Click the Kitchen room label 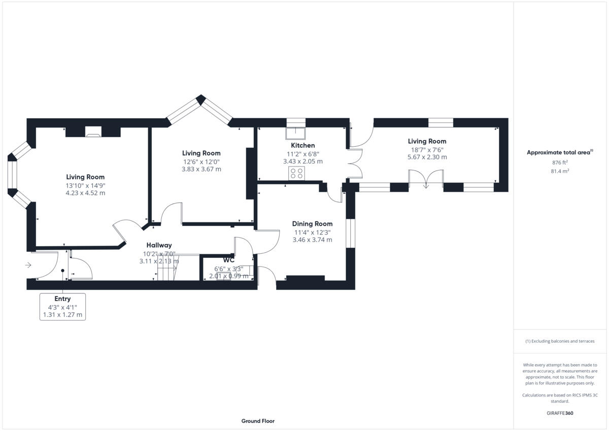302,145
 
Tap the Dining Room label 312,223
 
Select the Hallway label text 159,245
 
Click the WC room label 228,260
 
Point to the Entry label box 62,307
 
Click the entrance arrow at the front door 28,265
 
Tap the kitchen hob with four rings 296,173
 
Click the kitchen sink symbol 296,133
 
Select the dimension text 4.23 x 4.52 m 85,193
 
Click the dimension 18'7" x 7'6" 427,149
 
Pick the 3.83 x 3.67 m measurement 201,169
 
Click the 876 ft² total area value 560,162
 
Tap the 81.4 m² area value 560,171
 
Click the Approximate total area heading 559,152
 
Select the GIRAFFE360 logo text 560,413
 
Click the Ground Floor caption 258,421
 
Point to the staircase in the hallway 166,268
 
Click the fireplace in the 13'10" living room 93,133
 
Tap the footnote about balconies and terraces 560,341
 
